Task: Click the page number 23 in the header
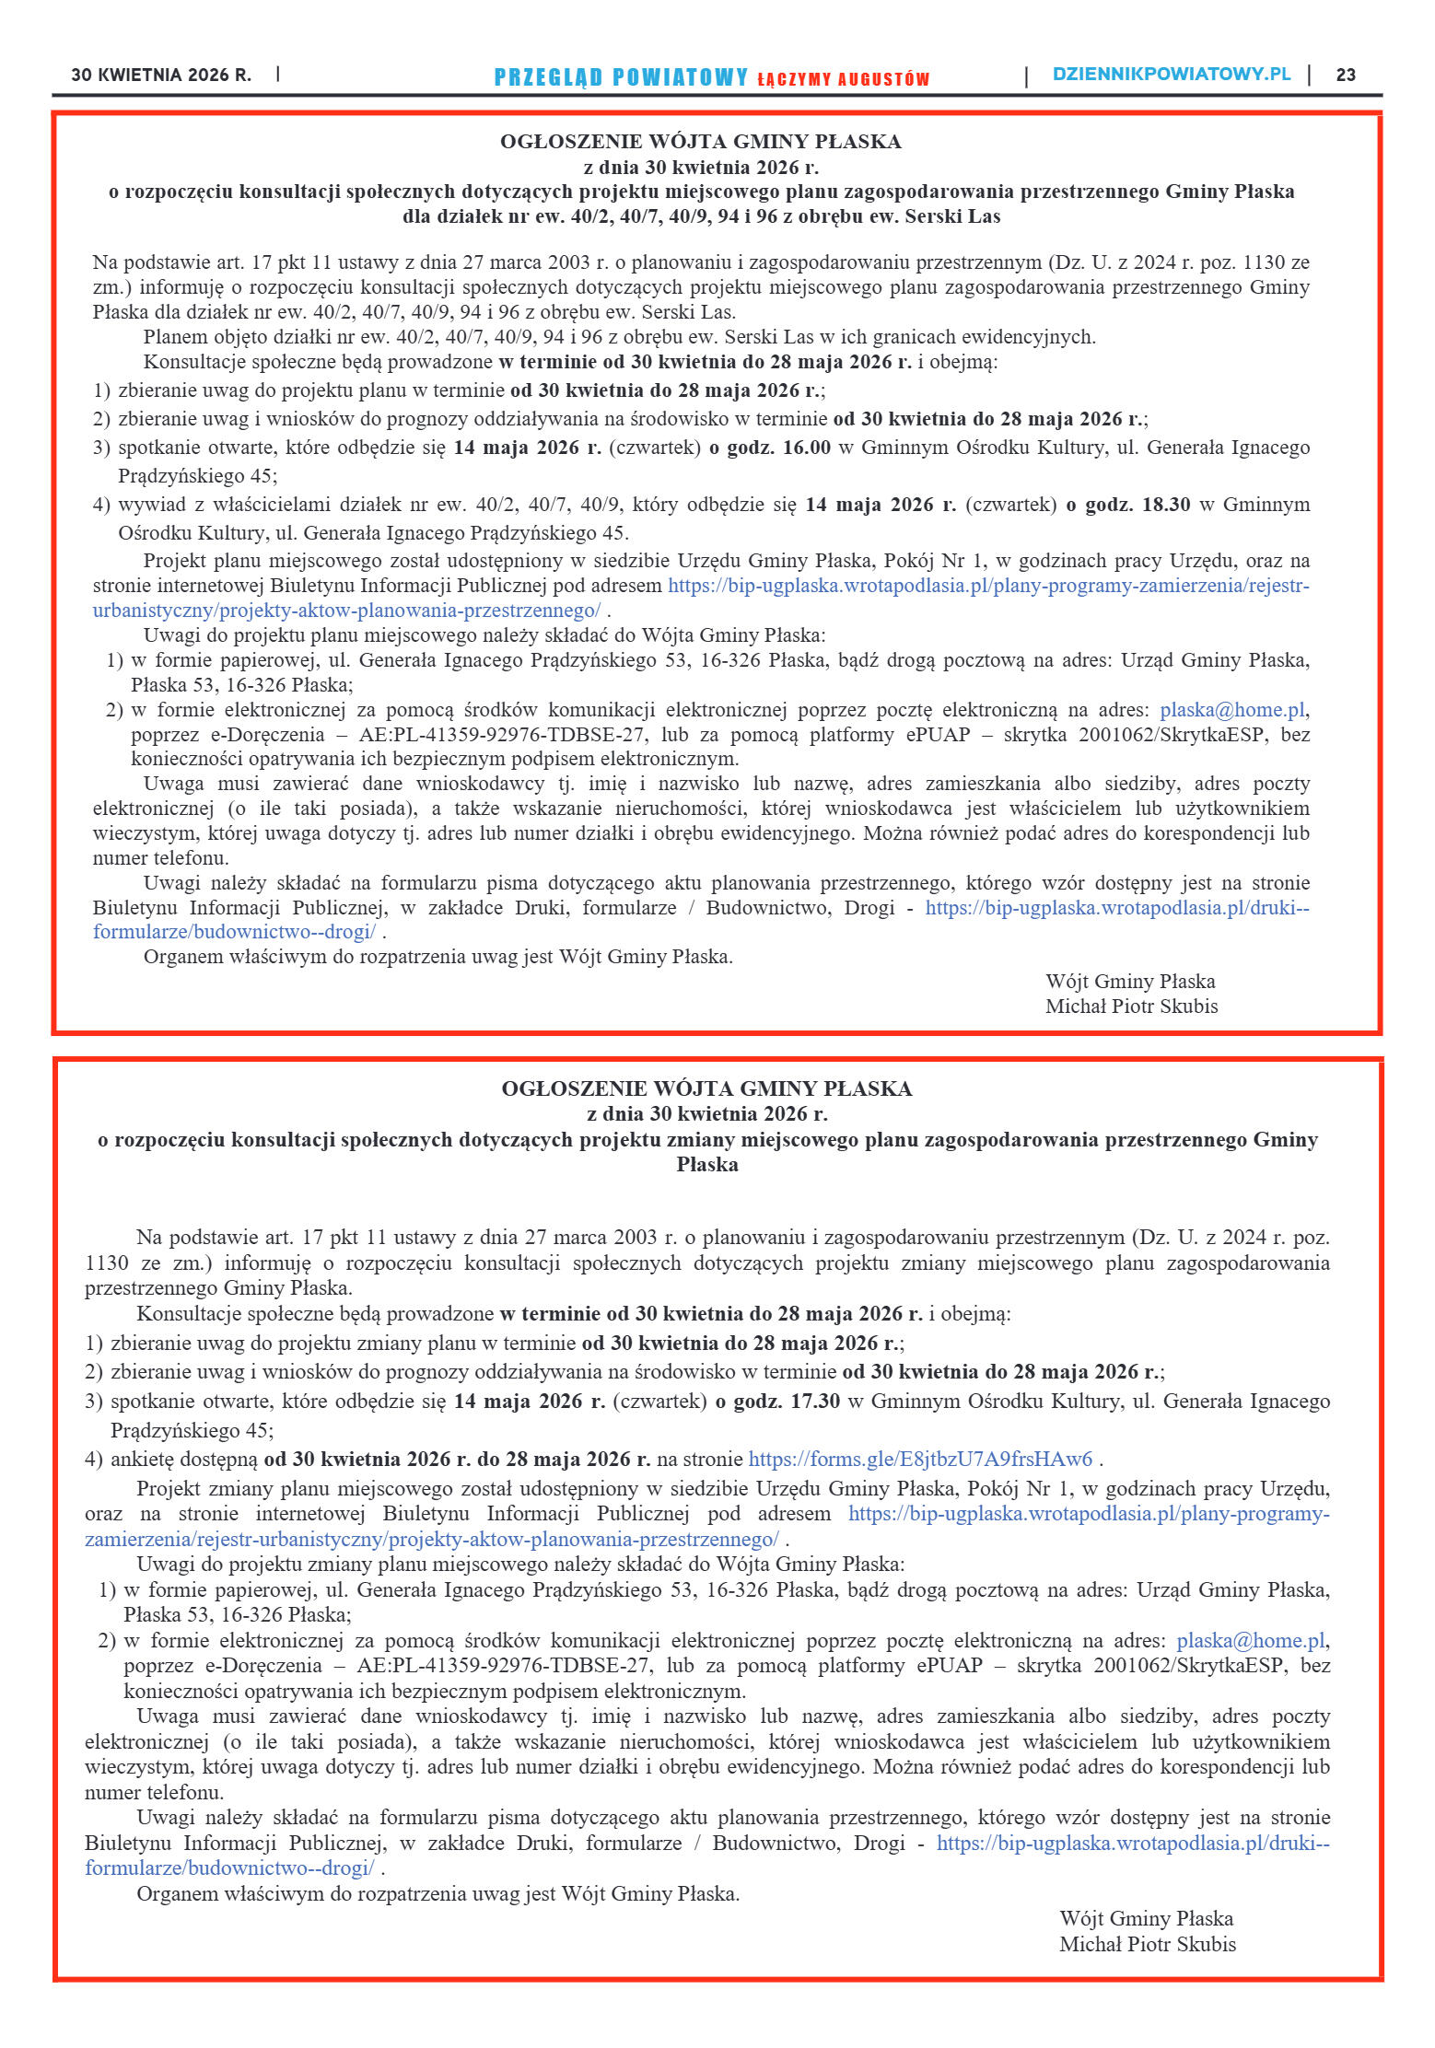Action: tap(1346, 76)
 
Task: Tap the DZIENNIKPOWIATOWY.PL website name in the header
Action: tap(1171, 75)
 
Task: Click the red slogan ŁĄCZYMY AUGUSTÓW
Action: tap(843, 79)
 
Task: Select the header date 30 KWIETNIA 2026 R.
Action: tap(161, 76)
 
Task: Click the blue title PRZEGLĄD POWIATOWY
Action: tap(621, 77)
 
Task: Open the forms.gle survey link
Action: tap(920, 1459)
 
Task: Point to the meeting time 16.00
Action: tap(806, 448)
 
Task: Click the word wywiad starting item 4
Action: tap(147, 505)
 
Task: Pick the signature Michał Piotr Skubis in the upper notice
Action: tap(1131, 1007)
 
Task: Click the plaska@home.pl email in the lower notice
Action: tap(1251, 1640)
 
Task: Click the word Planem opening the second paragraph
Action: tap(177, 337)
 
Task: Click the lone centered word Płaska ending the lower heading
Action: tap(707, 1165)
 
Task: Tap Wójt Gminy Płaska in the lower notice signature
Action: tap(1146, 1919)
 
